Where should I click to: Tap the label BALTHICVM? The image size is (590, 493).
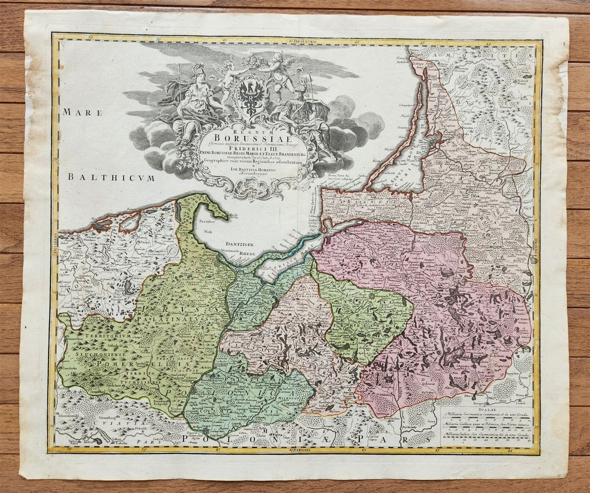pyautogui.click(x=112, y=178)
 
